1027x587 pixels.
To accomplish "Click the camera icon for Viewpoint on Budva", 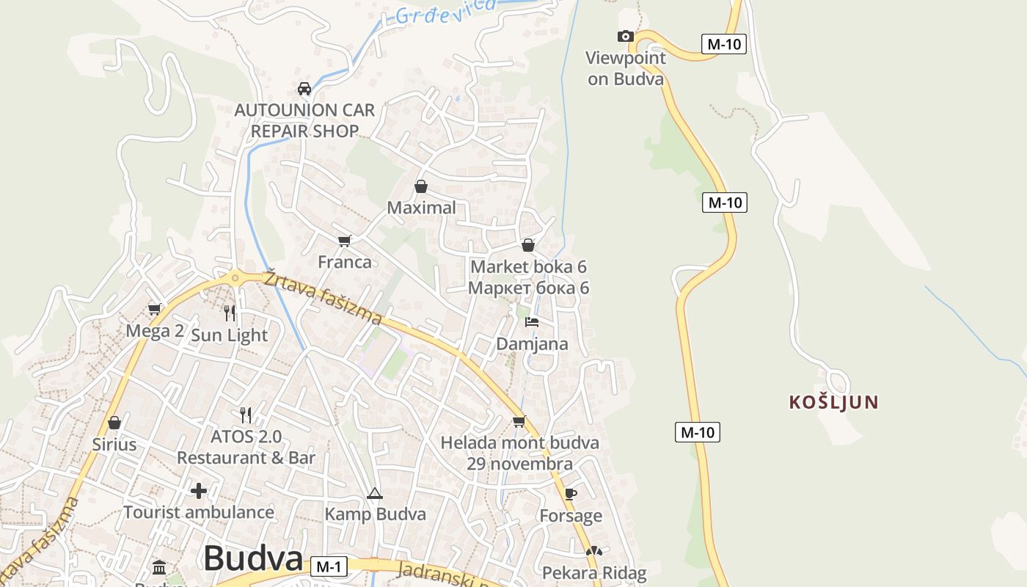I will pos(625,36).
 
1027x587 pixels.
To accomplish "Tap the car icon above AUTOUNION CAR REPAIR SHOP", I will pos(304,89).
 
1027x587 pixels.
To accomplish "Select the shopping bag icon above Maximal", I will pos(421,186).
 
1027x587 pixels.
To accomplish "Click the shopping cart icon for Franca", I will pos(345,241).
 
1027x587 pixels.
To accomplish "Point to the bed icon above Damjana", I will pos(532,321).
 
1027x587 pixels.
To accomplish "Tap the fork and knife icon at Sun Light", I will pos(230,313).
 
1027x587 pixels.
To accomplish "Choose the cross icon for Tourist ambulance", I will pos(199,490).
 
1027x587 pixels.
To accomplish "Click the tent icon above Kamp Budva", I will pos(375,493).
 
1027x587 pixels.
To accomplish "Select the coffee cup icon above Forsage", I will pos(571,494).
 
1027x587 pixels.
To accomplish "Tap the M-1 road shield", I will pos(329,566).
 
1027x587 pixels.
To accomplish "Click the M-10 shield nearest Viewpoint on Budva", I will pos(723,44).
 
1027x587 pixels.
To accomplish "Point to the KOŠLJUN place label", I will pos(833,402).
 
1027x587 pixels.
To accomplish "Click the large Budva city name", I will pos(253,558).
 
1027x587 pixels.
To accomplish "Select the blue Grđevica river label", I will pos(445,10).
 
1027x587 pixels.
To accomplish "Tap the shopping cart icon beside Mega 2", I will pos(154,309).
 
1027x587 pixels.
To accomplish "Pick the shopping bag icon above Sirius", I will pos(114,423).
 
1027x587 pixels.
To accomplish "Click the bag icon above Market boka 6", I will pos(528,245).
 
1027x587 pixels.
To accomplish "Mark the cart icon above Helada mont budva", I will pos(519,421).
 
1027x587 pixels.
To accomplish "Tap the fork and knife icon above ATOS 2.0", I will pos(246,415).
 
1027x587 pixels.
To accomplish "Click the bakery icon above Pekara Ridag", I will pos(594,551).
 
